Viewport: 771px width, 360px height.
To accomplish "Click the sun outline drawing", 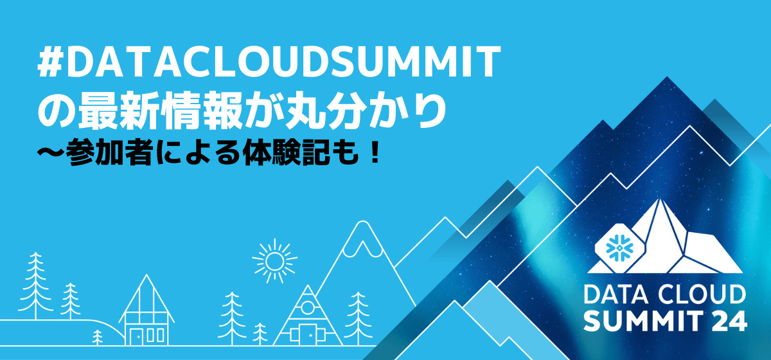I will point(275,261).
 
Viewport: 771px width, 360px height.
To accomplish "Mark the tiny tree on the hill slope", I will point(98,336).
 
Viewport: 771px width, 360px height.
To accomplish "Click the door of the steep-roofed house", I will point(136,336).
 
